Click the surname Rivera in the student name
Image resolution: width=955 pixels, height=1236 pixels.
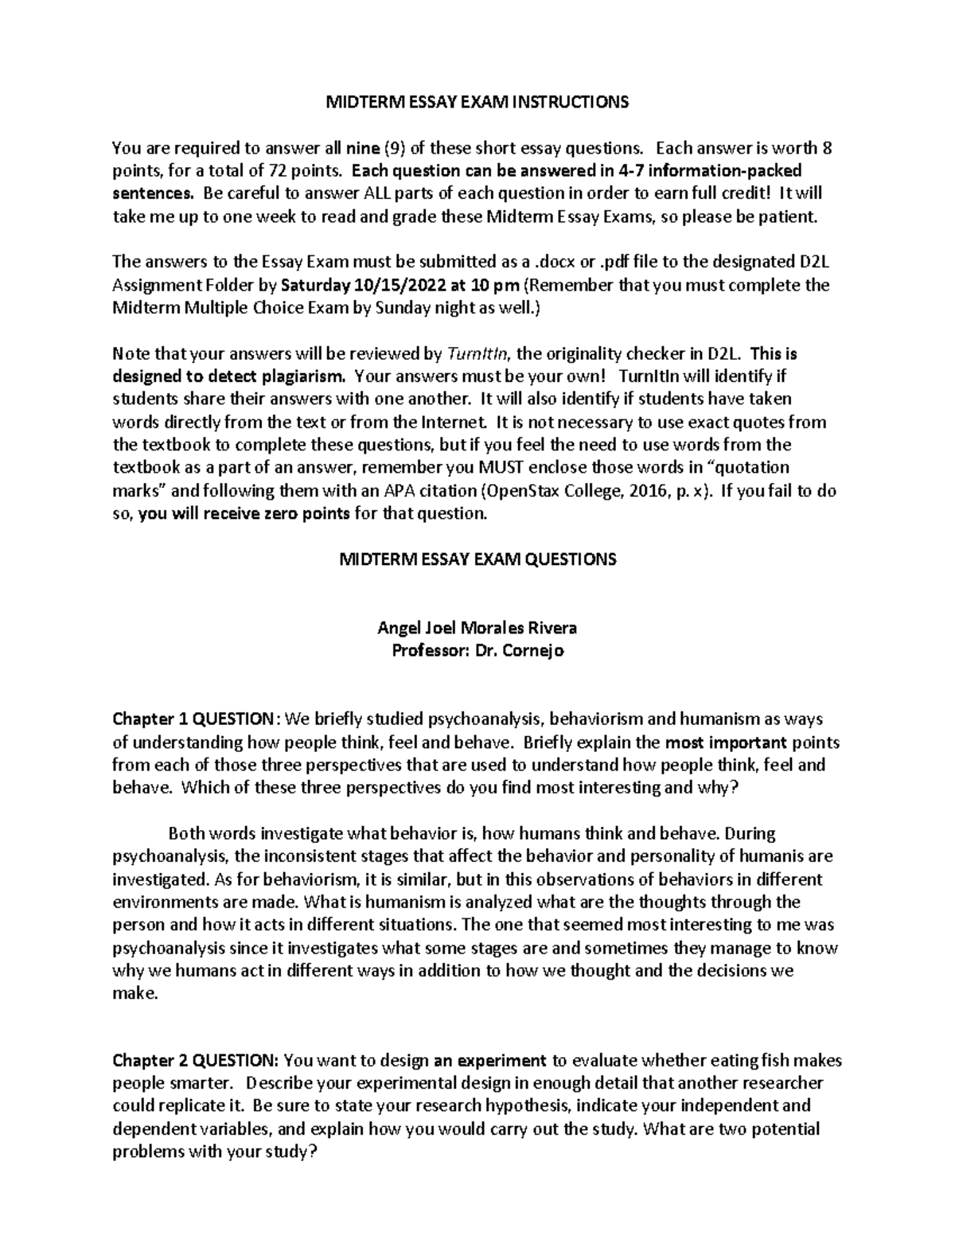548,628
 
